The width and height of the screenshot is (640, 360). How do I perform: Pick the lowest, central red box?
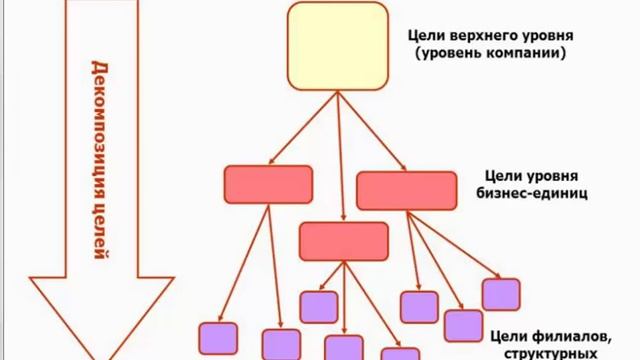[344, 241]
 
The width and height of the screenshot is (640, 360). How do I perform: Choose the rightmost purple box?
[500, 294]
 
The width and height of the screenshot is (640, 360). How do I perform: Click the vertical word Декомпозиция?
[99, 125]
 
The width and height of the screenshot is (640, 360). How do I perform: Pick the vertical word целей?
[99, 230]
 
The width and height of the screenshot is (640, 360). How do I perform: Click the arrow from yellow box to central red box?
[341, 155]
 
